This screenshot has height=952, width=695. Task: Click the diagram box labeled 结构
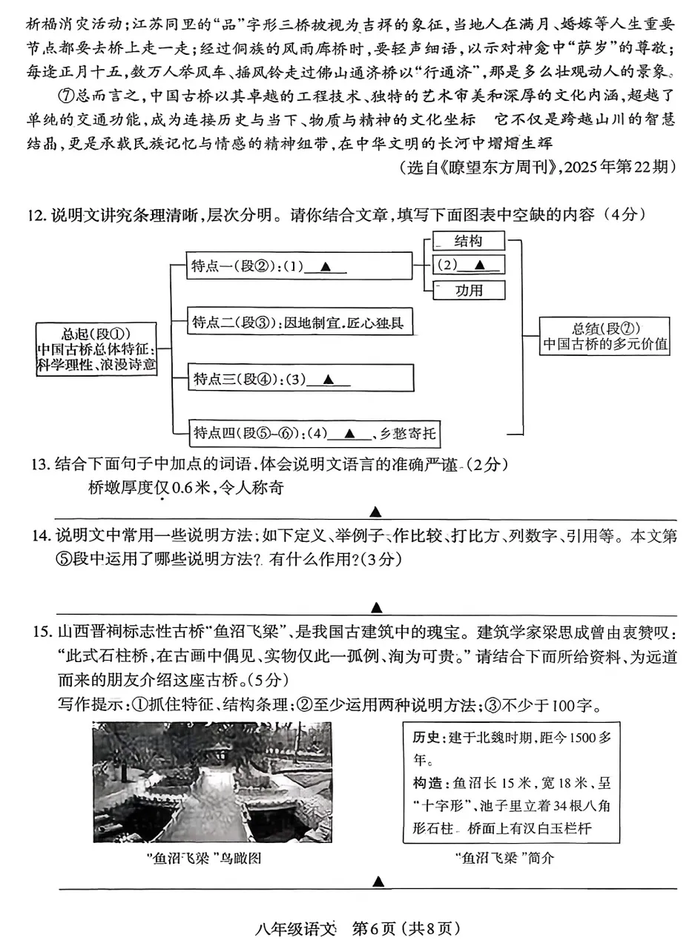click(x=468, y=241)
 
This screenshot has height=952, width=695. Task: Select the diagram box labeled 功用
click(x=468, y=290)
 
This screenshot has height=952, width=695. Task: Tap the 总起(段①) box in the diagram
click(x=97, y=348)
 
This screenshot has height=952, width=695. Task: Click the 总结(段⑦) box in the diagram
click(x=605, y=337)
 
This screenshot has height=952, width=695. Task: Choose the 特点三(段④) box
click(x=300, y=378)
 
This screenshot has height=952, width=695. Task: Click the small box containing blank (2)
click(x=468, y=265)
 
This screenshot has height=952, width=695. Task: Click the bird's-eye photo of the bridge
click(x=213, y=782)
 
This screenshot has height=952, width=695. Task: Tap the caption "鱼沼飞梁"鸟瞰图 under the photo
click(x=205, y=859)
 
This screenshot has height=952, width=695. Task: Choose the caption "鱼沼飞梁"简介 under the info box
click(x=505, y=859)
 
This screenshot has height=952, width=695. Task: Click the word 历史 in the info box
click(x=426, y=738)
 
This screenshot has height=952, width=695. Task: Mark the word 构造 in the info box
click(x=426, y=783)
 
